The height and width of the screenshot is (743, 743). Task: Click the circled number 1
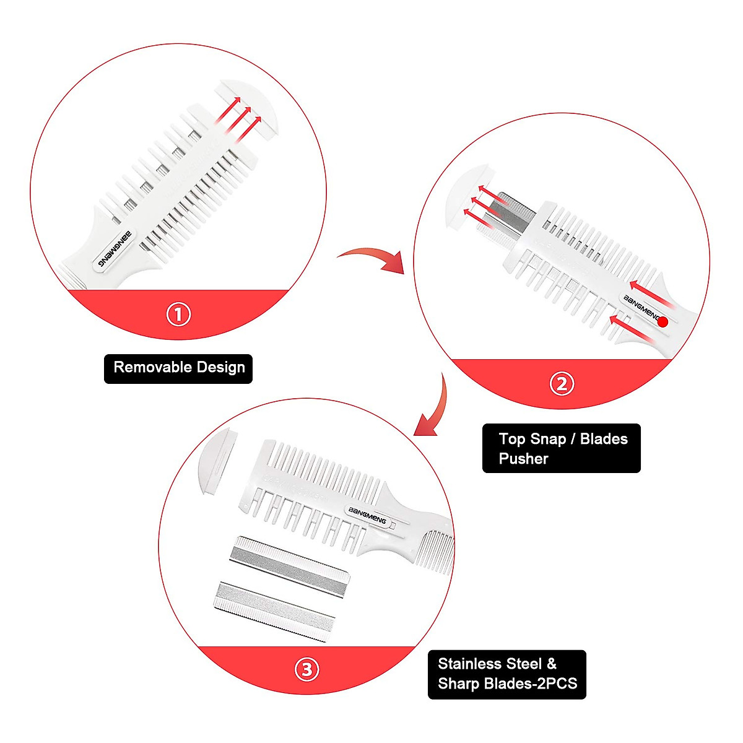tap(178, 315)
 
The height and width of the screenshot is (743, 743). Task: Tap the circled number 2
tap(562, 384)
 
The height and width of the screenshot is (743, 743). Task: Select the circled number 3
tap(307, 669)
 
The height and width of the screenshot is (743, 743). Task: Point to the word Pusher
tap(524, 459)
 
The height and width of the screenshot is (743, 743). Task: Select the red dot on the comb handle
tap(663, 321)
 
